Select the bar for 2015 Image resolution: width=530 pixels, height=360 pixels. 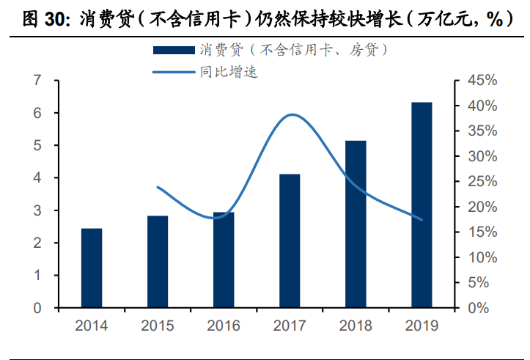click(158, 262)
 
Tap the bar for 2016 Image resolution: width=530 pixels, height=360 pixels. click(224, 260)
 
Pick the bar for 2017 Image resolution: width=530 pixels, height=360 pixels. click(290, 240)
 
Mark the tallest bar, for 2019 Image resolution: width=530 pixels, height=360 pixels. click(422, 205)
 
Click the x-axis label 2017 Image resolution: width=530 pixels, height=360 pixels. click(290, 326)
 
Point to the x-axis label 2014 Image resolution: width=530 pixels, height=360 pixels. click(92, 326)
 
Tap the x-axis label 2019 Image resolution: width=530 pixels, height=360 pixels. click(422, 326)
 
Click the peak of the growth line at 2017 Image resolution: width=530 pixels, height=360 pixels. click(292, 114)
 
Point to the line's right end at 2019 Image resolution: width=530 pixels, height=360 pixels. click(422, 219)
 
